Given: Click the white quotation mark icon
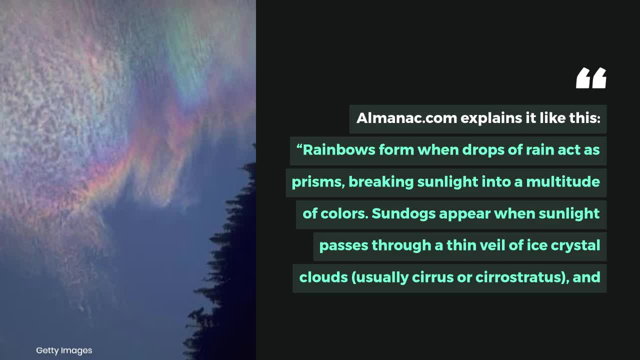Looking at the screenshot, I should [591, 78].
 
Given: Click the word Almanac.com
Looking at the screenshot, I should [406, 118].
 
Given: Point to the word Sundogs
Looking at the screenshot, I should [403, 213].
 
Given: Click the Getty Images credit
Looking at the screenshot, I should [64, 350].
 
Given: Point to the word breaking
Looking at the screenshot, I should [380, 182].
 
